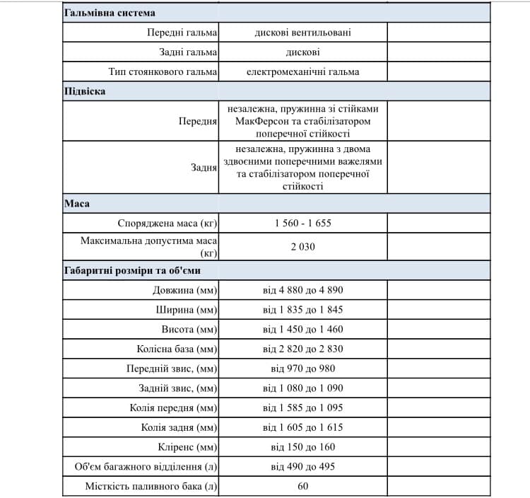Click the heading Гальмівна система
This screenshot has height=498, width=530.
(x=110, y=13)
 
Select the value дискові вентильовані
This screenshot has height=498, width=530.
(x=303, y=33)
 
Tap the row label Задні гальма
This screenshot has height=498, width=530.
(x=188, y=52)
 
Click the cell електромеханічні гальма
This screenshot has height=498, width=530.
(x=303, y=72)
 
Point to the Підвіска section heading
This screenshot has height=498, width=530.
(x=85, y=92)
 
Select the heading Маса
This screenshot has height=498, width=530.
(x=76, y=204)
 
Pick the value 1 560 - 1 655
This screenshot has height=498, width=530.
(x=303, y=223)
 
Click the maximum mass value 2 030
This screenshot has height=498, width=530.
(x=303, y=247)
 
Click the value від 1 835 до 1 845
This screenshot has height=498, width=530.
(x=303, y=310)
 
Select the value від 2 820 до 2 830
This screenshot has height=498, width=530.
(x=303, y=349)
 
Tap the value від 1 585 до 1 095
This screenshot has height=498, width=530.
(x=303, y=408)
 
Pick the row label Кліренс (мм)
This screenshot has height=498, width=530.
(x=188, y=447)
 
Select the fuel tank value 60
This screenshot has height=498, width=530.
(x=303, y=486)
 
